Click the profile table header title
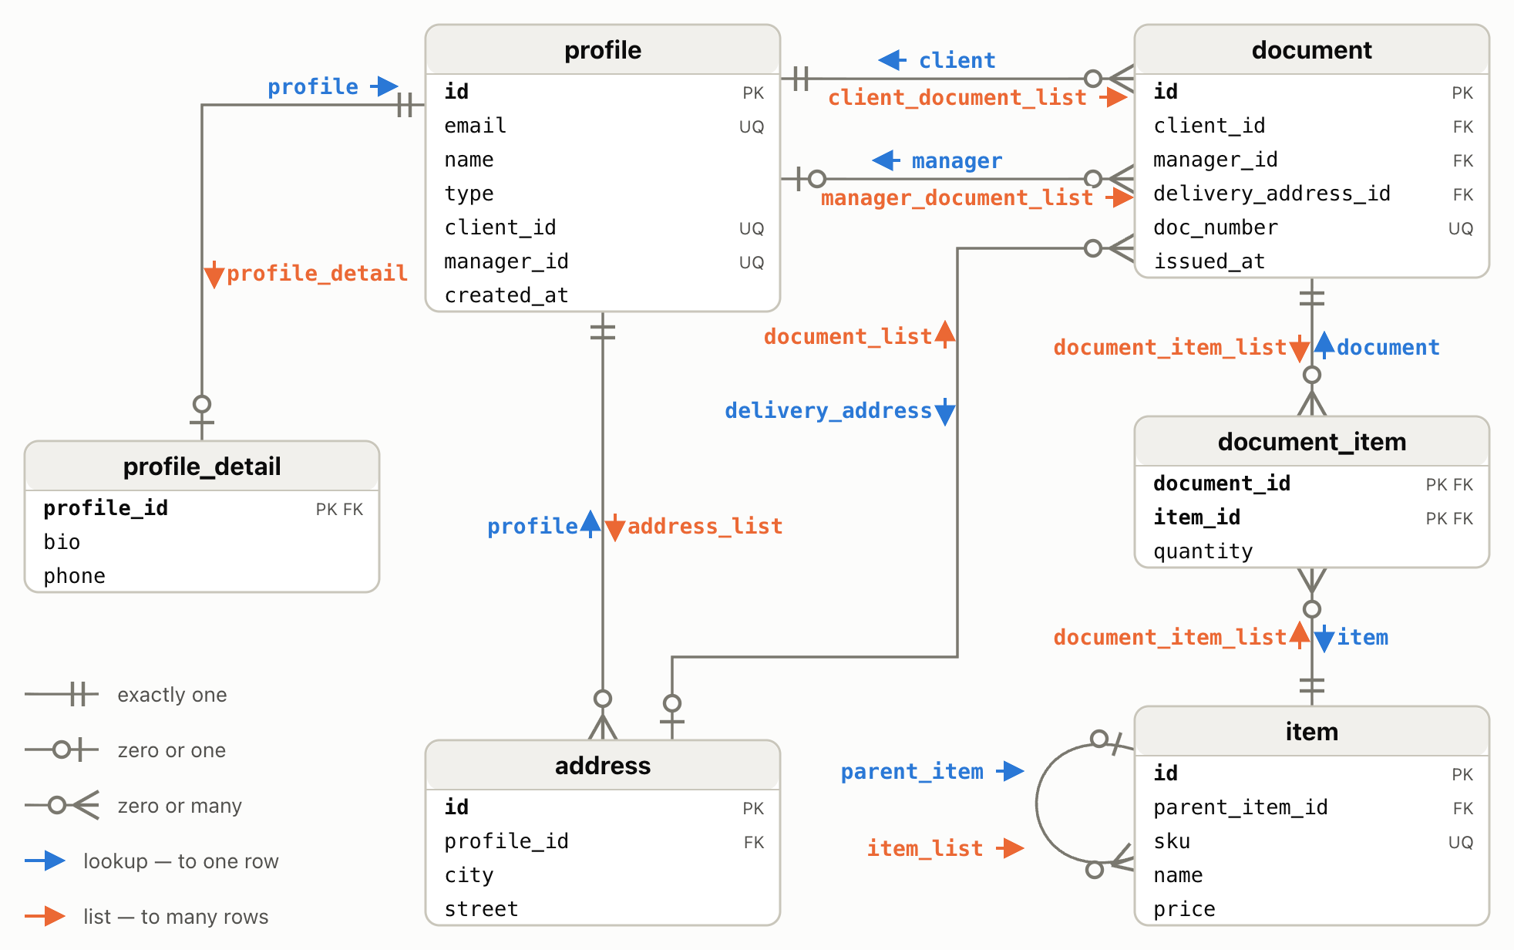[x=603, y=50]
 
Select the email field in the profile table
[x=475, y=126]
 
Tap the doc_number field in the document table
[x=1216, y=227]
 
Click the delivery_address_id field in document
[x=1272, y=194]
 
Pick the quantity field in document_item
[x=1203, y=551]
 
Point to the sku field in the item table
[x=1172, y=841]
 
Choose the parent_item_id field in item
[x=1240, y=807]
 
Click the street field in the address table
[x=481, y=909]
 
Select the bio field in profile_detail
[x=62, y=542]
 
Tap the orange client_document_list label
[x=957, y=98]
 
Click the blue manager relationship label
[x=957, y=161]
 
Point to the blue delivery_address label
[x=829, y=411]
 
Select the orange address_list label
[x=705, y=527]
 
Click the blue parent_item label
[x=912, y=772]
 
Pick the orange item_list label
[x=925, y=849]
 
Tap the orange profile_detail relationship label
[x=317, y=274]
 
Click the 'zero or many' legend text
[x=180, y=806]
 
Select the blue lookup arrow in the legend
[x=45, y=861]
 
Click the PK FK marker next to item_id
[x=1449, y=518]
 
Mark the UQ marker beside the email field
[x=752, y=126]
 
